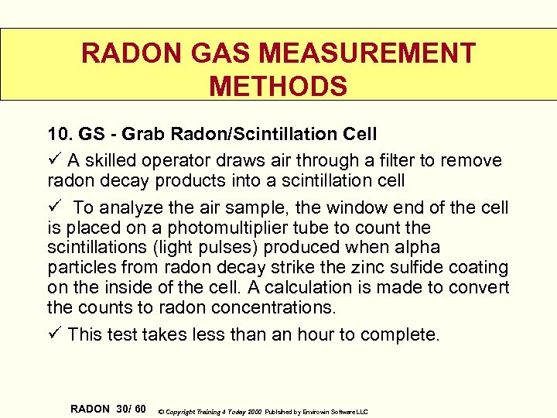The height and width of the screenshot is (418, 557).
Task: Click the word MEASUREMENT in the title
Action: (x=367, y=53)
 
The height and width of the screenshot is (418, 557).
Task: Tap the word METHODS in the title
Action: (x=278, y=86)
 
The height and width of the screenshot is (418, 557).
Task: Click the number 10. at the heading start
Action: (x=60, y=134)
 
